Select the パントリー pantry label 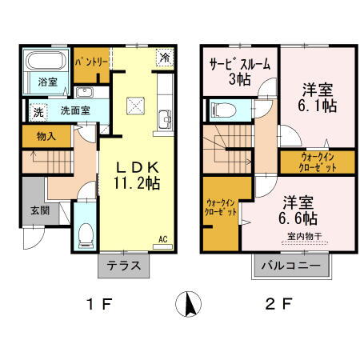(93, 60)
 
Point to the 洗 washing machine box (37, 112)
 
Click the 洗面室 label (74, 110)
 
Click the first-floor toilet (86, 232)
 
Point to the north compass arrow (190, 304)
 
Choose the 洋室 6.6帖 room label (297, 209)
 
